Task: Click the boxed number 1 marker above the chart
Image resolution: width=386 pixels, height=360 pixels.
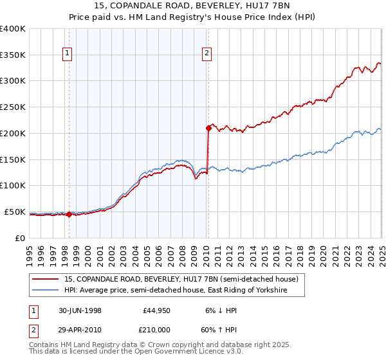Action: [x=68, y=54]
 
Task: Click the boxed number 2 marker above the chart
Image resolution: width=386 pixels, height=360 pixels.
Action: [x=207, y=54]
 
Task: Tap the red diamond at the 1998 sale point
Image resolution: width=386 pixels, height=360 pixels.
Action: [x=69, y=215]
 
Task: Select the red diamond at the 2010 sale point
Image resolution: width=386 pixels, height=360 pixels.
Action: [x=208, y=127]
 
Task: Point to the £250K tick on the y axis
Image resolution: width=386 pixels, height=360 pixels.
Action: [x=14, y=107]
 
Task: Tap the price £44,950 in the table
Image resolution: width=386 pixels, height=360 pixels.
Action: [x=156, y=310]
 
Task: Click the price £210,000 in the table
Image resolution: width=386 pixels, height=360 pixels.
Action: [x=154, y=328]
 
